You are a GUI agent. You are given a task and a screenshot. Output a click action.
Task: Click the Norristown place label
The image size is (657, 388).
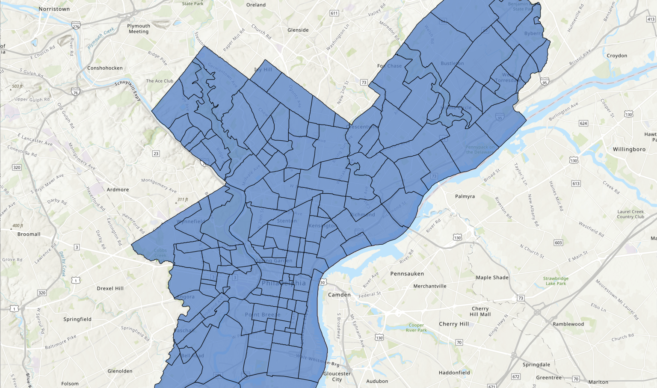tap(54, 9)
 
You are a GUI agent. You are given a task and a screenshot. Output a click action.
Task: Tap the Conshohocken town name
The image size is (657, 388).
tap(105, 68)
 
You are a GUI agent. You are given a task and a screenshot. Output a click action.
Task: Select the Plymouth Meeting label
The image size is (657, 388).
tap(139, 29)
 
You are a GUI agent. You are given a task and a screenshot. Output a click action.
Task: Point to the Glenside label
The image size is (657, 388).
tap(298, 30)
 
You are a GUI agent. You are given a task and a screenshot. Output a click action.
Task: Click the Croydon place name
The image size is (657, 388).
tap(617, 56)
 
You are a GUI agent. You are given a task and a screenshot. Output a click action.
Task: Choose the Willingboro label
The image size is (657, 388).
tap(629, 149)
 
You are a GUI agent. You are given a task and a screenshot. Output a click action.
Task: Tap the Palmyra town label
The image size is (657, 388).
tap(465, 196)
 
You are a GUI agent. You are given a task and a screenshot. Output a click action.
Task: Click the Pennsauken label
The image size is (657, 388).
tap(407, 274)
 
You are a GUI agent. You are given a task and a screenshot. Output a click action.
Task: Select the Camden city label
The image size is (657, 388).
tap(339, 295)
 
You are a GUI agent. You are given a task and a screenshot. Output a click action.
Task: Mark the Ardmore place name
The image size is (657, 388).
tap(118, 190)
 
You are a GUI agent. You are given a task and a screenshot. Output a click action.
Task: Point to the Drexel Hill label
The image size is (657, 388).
tap(110, 288)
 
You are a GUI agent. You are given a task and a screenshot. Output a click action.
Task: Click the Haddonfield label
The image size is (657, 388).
tap(454, 373)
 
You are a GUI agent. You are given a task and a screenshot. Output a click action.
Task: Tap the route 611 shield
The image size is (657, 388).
tap(334, 13)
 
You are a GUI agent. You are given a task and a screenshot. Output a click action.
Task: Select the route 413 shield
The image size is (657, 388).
tap(651, 19)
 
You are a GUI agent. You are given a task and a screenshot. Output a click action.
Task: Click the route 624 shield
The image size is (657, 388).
tap(583, 123)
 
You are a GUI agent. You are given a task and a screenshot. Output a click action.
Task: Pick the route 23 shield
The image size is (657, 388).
tap(156, 154)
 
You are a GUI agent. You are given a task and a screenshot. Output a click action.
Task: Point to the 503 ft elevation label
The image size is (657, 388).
tap(17, 86)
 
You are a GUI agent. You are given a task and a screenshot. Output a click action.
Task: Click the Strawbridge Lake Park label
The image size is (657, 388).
tap(556, 281)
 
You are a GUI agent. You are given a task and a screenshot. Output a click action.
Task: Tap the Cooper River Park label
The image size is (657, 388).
tap(416, 328)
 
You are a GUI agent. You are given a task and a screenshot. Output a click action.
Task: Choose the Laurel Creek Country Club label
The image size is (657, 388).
tap(630, 214)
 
